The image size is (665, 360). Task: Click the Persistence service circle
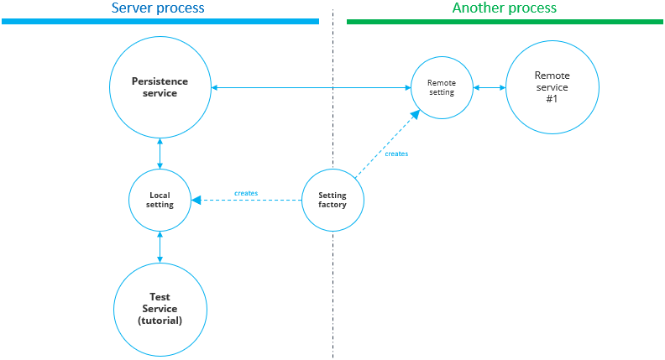[160, 87]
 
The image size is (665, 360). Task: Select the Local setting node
[160, 200]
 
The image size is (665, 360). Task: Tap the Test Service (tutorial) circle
[160, 308]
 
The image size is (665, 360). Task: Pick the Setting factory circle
[332, 200]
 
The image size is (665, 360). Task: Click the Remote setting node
[441, 87]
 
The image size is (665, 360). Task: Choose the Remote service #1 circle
[552, 87]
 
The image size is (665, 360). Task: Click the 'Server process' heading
[158, 8]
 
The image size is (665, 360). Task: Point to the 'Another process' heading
[504, 8]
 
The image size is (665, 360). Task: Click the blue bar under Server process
[160, 21]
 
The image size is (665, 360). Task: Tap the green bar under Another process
[505, 21]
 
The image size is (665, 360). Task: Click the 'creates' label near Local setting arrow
[246, 193]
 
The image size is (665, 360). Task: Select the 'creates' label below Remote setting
[396, 154]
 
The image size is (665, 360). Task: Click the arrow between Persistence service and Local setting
[160, 154]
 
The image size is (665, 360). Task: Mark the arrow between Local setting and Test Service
[160, 248]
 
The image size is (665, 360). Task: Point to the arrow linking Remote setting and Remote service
[489, 87]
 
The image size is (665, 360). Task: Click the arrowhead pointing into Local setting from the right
[196, 201]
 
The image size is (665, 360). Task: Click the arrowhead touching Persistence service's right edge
[215, 87]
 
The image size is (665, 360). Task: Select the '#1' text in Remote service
[552, 98]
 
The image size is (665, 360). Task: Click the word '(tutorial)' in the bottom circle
[160, 320]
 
